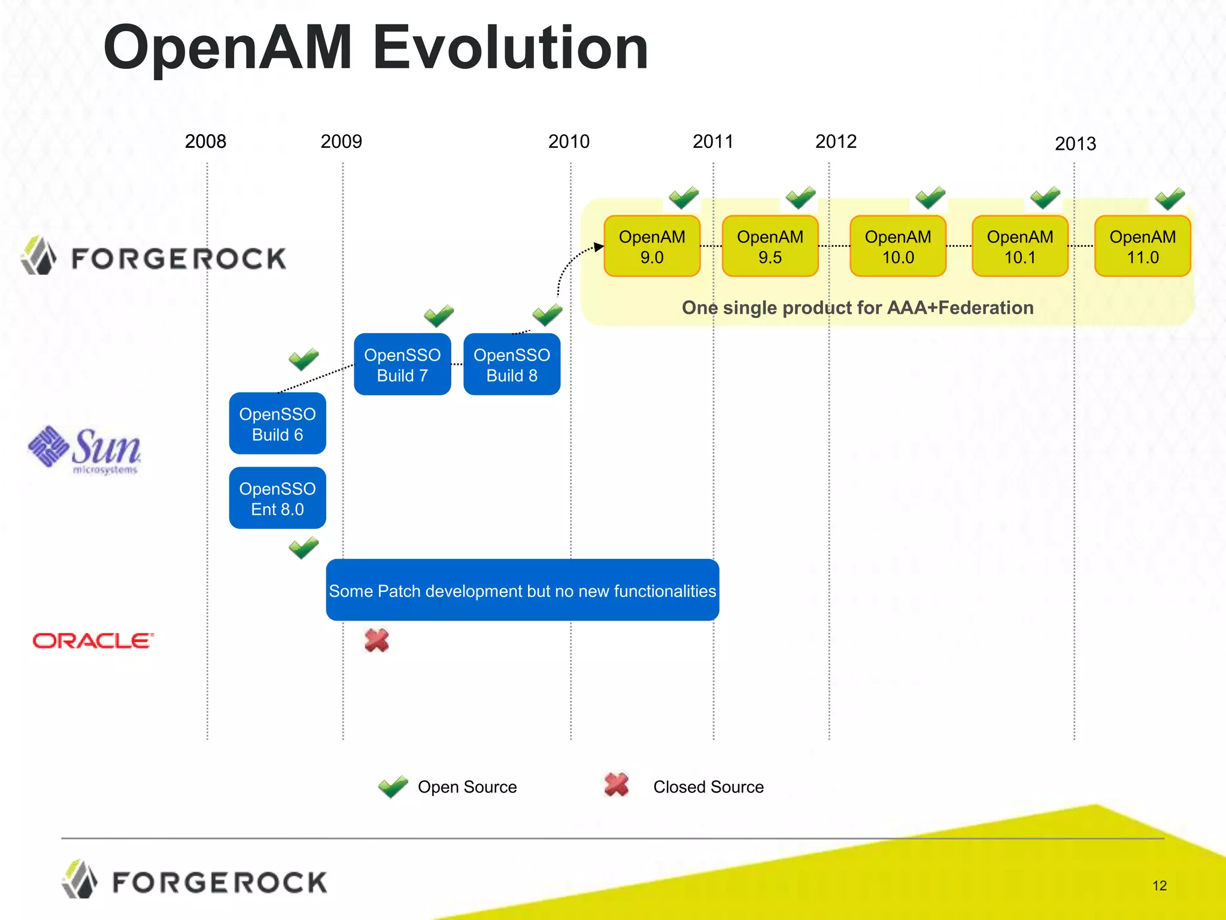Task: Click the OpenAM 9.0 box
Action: [x=652, y=246]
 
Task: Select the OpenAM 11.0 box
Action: [x=1142, y=246]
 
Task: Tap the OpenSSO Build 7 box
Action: [x=402, y=364]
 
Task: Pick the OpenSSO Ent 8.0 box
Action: [x=277, y=498]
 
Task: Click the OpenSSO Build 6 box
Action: [x=277, y=423]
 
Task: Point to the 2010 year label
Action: [x=569, y=141]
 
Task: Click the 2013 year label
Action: [x=1075, y=144]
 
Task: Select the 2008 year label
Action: [x=205, y=141]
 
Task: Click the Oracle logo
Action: [x=93, y=641]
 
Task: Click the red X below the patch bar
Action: [x=377, y=640]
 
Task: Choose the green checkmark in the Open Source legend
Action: [x=393, y=786]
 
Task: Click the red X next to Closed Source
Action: [x=617, y=785]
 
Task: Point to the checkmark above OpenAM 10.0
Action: [x=930, y=197]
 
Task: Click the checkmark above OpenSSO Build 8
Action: [x=547, y=314]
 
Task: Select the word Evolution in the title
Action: [x=511, y=48]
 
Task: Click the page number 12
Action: [x=1160, y=885]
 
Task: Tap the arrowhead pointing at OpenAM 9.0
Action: [x=599, y=247]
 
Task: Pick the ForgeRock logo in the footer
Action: [x=195, y=881]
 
